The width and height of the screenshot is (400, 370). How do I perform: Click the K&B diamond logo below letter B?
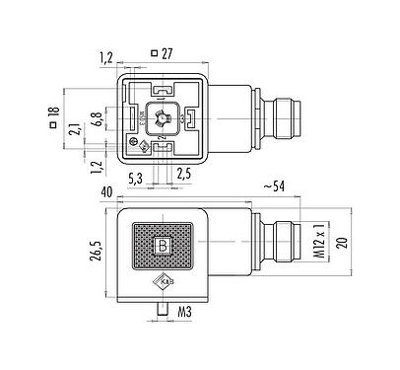(x=164, y=283)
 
